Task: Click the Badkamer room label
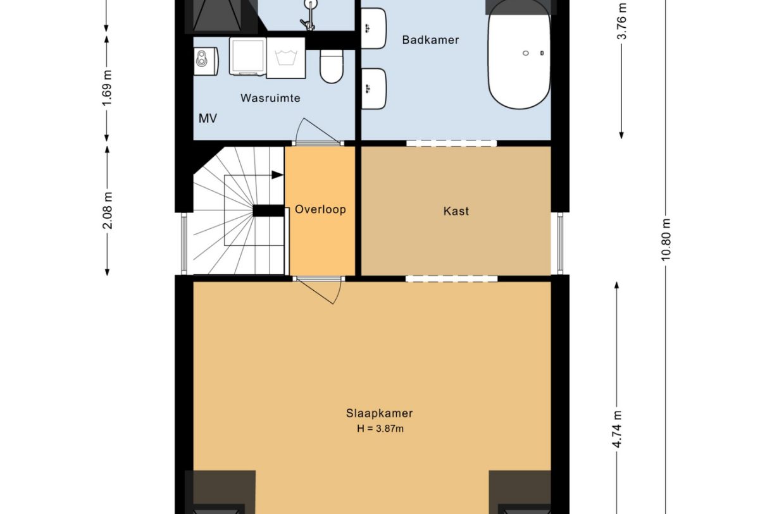click(x=430, y=40)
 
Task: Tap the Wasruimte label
click(x=270, y=98)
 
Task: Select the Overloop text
click(x=320, y=209)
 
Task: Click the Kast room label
click(x=456, y=211)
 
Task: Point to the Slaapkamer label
click(x=379, y=413)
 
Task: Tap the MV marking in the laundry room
click(x=208, y=118)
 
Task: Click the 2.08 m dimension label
click(x=107, y=210)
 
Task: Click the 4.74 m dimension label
click(x=617, y=429)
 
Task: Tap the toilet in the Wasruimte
click(x=331, y=66)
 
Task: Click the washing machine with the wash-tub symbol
click(x=286, y=58)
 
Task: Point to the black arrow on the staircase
click(x=277, y=174)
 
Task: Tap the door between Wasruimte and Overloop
click(x=316, y=132)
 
